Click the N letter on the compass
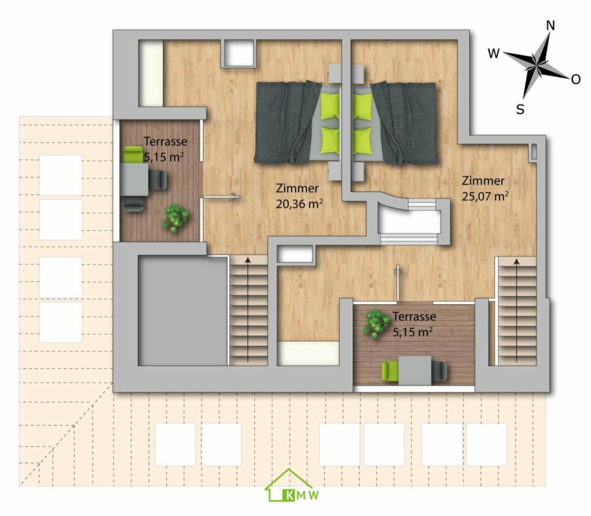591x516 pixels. click(550, 26)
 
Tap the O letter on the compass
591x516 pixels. click(575, 80)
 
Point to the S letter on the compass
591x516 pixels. click(520, 109)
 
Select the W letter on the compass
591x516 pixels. click(493, 53)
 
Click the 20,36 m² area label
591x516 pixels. click(299, 204)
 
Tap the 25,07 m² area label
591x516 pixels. click(485, 196)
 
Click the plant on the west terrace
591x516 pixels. click(175, 218)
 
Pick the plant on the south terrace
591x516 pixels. click(376, 323)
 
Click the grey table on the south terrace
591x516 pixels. click(415, 371)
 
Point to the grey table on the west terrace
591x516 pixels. click(135, 179)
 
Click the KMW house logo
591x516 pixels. click(292, 486)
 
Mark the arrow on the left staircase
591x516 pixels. click(248, 310)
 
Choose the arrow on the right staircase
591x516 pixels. click(516, 310)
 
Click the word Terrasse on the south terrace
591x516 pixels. click(414, 316)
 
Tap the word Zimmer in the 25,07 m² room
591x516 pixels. click(483, 181)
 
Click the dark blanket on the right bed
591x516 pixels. click(405, 123)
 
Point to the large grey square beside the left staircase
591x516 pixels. click(183, 310)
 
